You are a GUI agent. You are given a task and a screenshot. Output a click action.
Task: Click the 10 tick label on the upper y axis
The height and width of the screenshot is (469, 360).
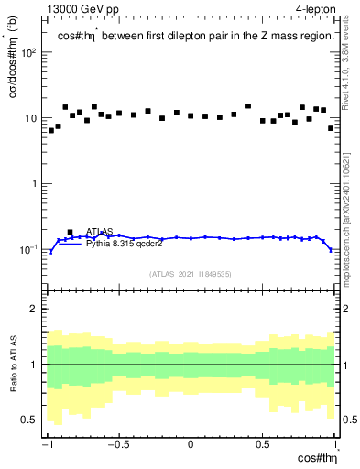point(33,118)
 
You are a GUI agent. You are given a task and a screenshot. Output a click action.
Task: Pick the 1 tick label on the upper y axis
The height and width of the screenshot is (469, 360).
point(37,183)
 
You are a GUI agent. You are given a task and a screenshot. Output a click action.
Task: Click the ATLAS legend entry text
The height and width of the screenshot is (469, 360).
point(101,233)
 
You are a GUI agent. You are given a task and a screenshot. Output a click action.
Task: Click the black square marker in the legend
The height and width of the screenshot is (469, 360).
point(71,233)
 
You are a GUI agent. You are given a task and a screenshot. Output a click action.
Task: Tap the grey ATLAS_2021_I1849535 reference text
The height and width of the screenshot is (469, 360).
point(190,273)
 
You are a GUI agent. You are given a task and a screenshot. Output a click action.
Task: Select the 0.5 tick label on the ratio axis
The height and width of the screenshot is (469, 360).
point(32,420)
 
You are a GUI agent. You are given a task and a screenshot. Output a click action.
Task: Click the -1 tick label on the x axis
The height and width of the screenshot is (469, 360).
point(47,446)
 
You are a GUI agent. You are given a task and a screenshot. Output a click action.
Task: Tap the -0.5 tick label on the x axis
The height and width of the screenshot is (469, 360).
point(117,446)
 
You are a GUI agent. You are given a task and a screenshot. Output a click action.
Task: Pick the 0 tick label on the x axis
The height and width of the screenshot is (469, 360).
point(191,446)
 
